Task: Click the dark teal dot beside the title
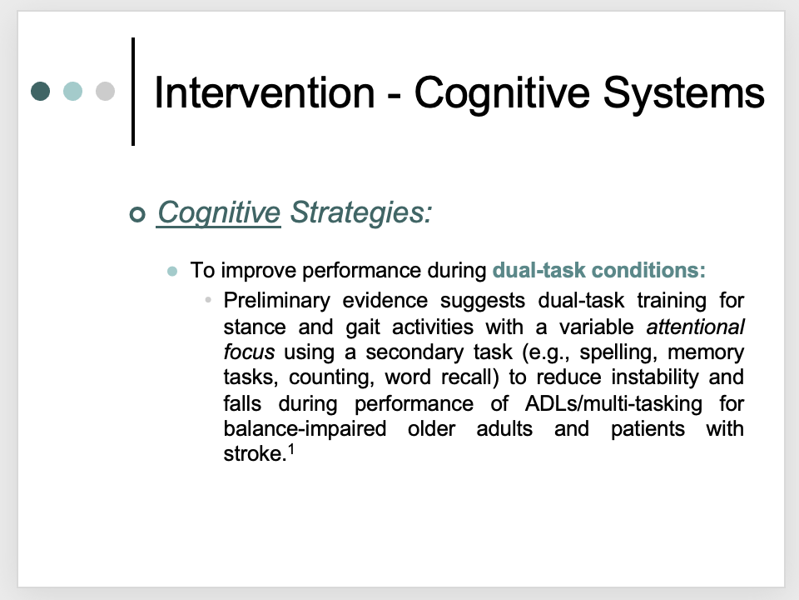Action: [x=40, y=92]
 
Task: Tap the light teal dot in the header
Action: [x=73, y=92]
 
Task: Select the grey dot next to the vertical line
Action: [x=106, y=92]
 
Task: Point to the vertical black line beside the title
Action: [x=133, y=92]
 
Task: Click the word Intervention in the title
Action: [x=265, y=92]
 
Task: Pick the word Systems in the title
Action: [x=684, y=94]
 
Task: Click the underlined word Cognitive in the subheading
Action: [x=219, y=212]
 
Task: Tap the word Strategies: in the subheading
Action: [x=361, y=212]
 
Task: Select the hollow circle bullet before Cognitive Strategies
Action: [x=137, y=214]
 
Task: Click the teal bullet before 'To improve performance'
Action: [x=172, y=271]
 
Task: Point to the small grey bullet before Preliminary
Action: [x=208, y=300]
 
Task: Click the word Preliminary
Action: [x=276, y=301]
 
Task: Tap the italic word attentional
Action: [x=695, y=327]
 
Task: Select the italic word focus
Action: [x=249, y=352]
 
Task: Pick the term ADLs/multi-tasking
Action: [x=613, y=404]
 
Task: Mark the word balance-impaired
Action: [x=305, y=429]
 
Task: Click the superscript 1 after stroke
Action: [x=291, y=449]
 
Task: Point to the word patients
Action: [x=648, y=429]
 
